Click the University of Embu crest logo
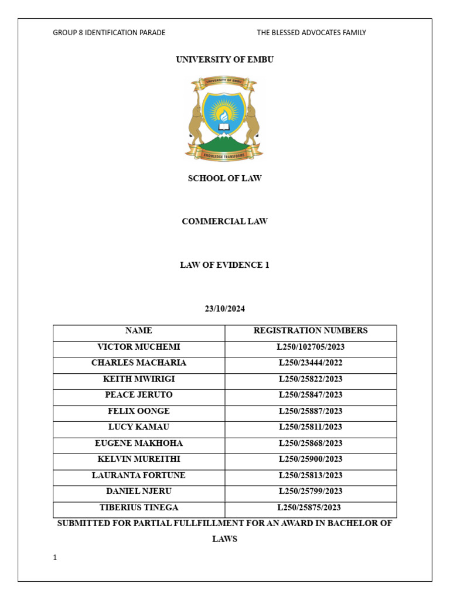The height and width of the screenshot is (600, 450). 224,119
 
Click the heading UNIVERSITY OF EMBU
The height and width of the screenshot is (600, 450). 224,60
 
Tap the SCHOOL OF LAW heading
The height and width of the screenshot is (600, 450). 224,178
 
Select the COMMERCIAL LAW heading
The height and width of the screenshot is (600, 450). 224,221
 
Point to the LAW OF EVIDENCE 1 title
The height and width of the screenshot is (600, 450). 224,265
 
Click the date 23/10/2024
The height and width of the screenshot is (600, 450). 224,308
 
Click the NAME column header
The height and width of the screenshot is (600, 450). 139,330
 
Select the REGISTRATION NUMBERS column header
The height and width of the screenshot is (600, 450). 311,330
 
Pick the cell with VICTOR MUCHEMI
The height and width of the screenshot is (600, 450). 139,347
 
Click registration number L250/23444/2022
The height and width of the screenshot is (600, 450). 311,363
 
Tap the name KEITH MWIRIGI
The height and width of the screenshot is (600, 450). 139,379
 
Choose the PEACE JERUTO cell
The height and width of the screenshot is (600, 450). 139,395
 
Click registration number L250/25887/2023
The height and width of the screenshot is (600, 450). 311,411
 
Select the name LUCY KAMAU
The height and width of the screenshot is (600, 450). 139,427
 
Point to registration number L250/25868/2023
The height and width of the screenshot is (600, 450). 311,443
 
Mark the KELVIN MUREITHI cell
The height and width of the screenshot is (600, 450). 139,459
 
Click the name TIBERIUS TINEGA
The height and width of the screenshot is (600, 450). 139,507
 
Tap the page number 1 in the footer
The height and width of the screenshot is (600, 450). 55,558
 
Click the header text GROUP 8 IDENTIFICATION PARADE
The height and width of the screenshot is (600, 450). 109,33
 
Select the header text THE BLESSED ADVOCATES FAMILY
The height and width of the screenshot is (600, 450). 311,33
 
